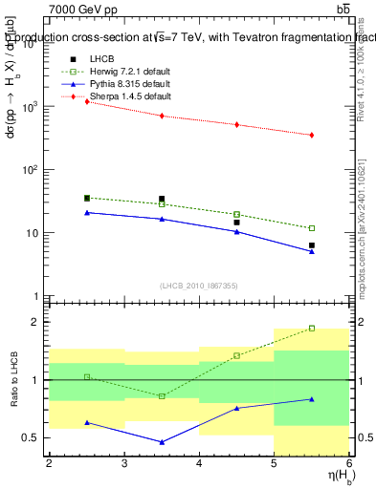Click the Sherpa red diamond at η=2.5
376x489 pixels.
coord(87,101)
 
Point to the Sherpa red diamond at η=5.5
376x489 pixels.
coord(312,135)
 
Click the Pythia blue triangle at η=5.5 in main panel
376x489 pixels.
coord(312,251)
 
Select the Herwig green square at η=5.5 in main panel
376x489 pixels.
coord(312,228)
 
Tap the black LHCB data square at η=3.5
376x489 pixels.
coord(162,199)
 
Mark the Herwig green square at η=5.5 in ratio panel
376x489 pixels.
coord(312,328)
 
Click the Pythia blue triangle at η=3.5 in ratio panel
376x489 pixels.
coord(162,442)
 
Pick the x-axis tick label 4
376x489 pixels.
coord(199,464)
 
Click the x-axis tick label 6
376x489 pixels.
coord(349,464)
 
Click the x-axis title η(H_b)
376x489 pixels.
coord(332,478)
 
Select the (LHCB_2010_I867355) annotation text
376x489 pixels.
coord(199,286)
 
